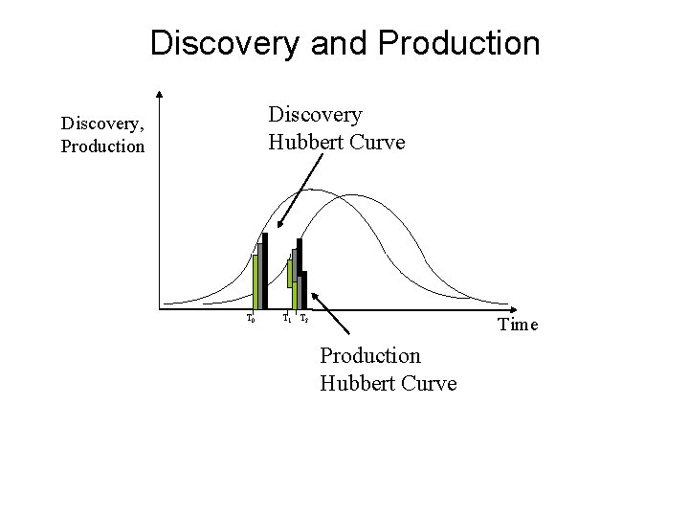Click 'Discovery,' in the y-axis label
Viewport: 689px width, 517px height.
click(x=100, y=123)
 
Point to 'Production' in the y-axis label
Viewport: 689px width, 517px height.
click(x=102, y=146)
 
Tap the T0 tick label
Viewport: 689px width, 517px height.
click(x=251, y=317)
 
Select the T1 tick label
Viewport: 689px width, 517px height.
click(x=287, y=317)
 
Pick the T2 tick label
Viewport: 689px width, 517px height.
click(x=303, y=317)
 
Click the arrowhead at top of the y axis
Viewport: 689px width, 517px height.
click(x=160, y=94)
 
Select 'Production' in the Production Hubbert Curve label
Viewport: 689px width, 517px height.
click(x=370, y=356)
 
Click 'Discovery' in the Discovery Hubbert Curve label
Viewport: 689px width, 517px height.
click(x=316, y=115)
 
